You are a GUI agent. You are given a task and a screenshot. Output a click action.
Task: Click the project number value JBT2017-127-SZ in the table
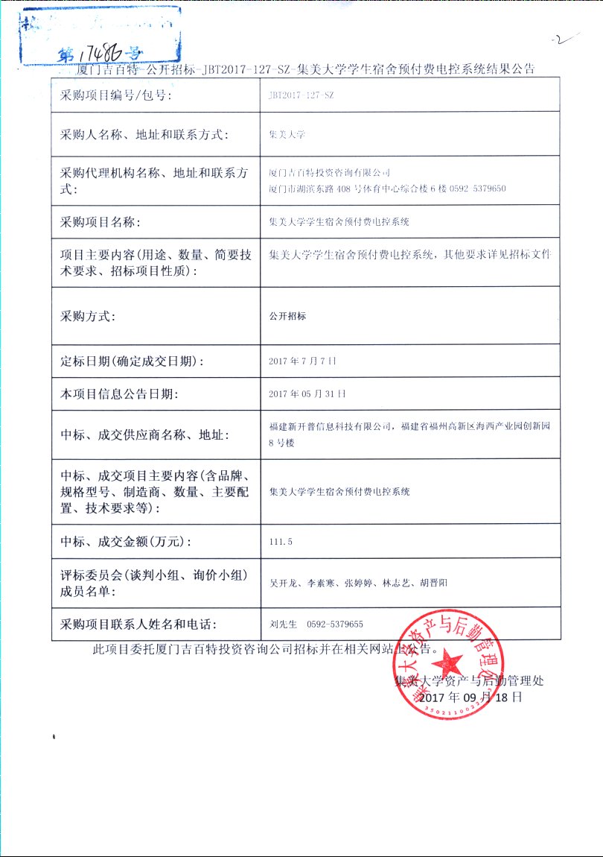[x=301, y=96]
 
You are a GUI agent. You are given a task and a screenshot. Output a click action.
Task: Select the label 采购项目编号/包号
[x=116, y=96]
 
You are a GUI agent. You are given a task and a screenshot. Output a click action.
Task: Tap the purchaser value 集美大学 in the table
[x=287, y=135]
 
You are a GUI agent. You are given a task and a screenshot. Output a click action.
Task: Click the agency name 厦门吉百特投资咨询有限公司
[x=329, y=173]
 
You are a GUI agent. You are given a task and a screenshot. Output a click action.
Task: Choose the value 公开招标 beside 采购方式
[x=287, y=316]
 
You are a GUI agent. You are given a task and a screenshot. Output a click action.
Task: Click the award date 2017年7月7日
[x=302, y=361]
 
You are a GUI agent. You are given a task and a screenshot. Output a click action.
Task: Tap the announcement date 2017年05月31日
[x=307, y=393]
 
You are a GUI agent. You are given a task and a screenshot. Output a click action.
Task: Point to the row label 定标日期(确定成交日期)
[x=132, y=361]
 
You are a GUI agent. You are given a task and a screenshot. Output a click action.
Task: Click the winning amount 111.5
[x=281, y=541]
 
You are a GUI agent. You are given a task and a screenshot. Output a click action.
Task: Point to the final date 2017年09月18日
[x=470, y=698]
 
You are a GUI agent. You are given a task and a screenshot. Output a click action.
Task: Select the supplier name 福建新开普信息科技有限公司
[x=331, y=427]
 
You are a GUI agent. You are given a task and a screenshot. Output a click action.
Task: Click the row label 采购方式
[x=88, y=316]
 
